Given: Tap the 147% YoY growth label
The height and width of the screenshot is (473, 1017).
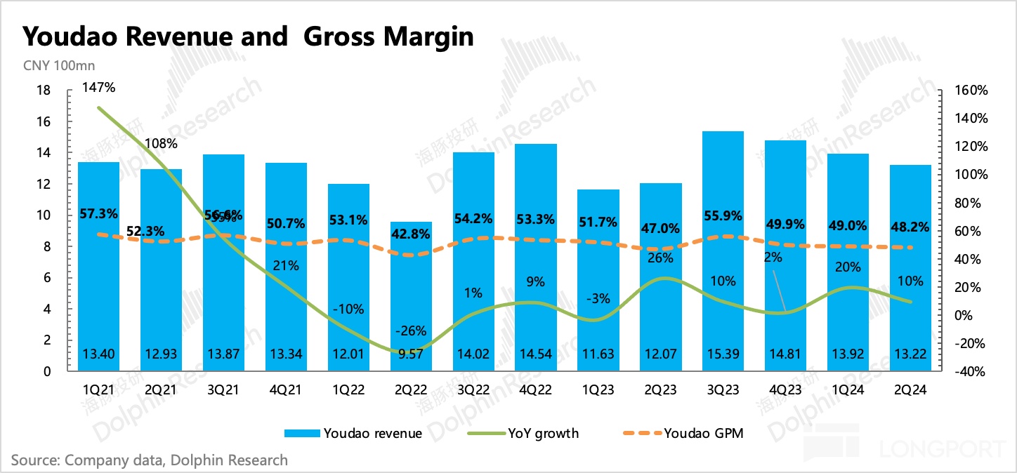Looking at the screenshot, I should [98, 88].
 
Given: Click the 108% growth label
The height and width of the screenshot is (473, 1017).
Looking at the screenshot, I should [161, 144].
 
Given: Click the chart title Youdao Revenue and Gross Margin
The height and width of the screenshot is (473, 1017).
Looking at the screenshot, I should [248, 36].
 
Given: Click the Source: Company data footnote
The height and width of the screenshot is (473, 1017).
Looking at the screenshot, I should [150, 460].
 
